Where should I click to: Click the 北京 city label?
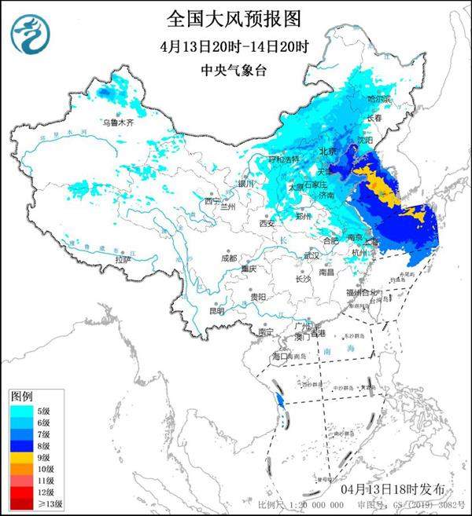click(x=328, y=151)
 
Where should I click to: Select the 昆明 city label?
click(x=216, y=310)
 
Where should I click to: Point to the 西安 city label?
click(x=266, y=224)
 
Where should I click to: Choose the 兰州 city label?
click(x=228, y=207)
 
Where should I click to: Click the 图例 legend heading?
click(x=20, y=394)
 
